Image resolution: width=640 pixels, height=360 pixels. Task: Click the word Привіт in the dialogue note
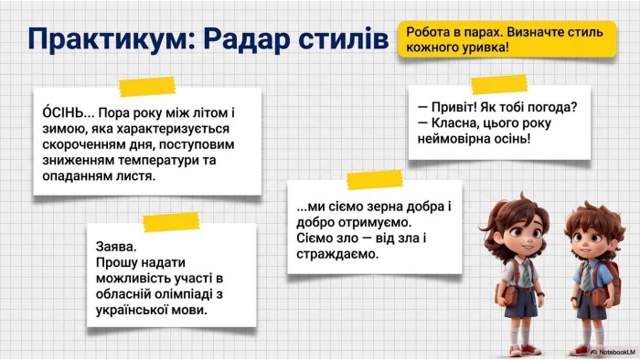point(453,107)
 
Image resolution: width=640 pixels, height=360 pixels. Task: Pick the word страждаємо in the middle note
point(337,254)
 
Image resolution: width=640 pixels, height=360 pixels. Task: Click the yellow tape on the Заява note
point(171,222)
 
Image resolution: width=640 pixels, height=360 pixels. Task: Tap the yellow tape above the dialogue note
point(499,85)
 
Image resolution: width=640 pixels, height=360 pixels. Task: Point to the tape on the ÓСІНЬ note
point(147,87)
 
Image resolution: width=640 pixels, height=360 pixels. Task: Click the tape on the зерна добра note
point(374,180)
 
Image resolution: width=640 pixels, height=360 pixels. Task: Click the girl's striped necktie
point(526,274)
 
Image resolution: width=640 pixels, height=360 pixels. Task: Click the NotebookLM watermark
point(613,352)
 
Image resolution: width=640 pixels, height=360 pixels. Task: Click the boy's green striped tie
point(587,276)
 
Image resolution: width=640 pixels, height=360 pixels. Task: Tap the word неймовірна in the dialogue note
point(453,139)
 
